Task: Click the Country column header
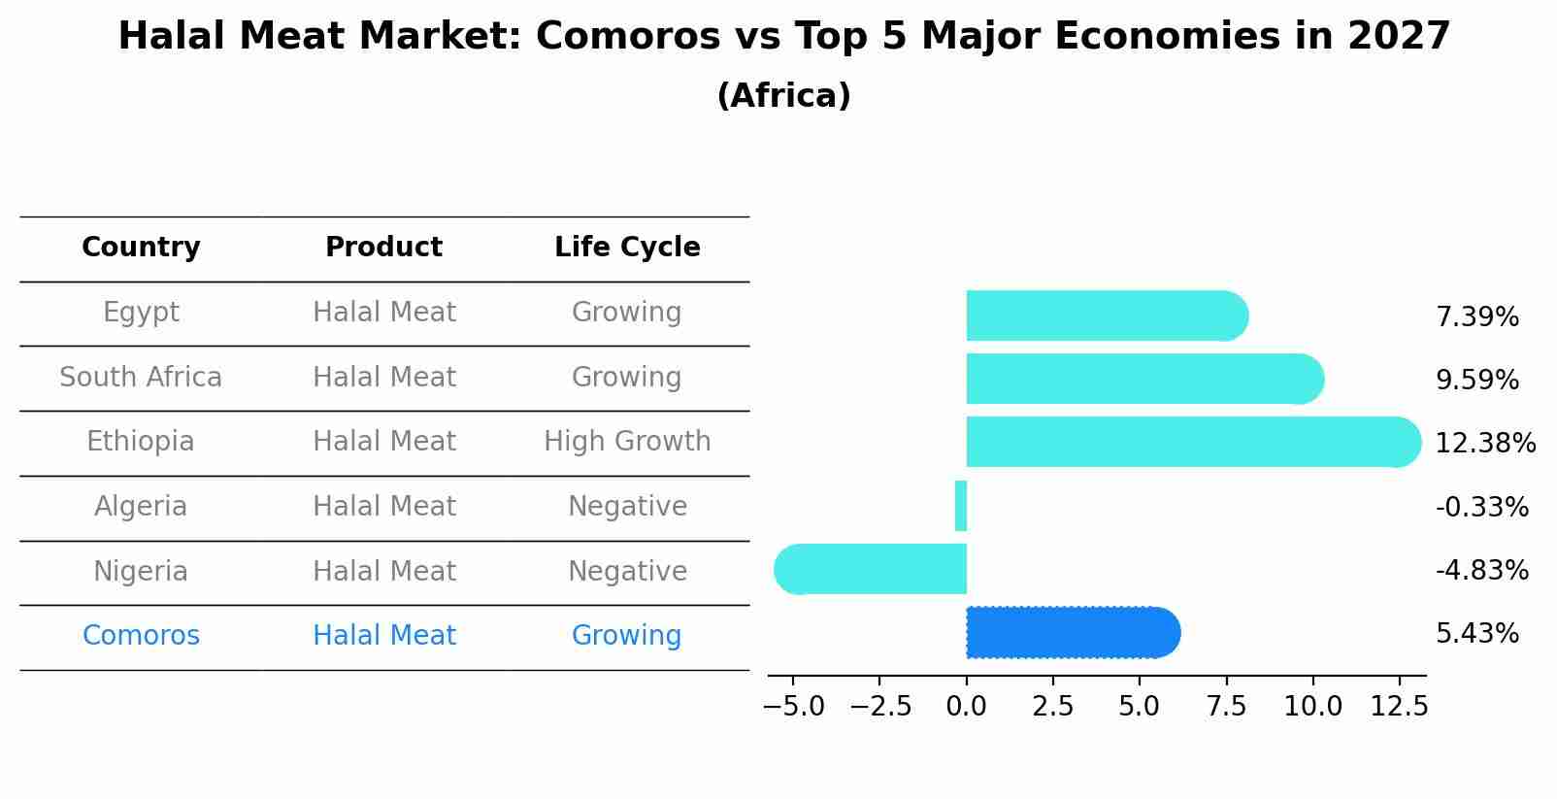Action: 141,248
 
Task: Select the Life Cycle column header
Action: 627,248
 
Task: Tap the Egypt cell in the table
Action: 141,313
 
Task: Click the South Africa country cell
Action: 141,377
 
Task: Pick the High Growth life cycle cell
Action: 627,442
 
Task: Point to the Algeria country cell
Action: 141,507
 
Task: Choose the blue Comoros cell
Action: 141,636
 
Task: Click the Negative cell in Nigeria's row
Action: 627,571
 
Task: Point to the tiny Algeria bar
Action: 961,506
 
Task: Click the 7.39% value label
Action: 1476,317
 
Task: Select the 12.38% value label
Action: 1484,444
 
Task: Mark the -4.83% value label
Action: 1481,570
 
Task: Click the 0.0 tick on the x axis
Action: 967,706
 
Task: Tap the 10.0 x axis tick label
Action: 1312,706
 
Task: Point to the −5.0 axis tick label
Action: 793,706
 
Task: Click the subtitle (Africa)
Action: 783,96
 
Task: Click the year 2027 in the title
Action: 1398,37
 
